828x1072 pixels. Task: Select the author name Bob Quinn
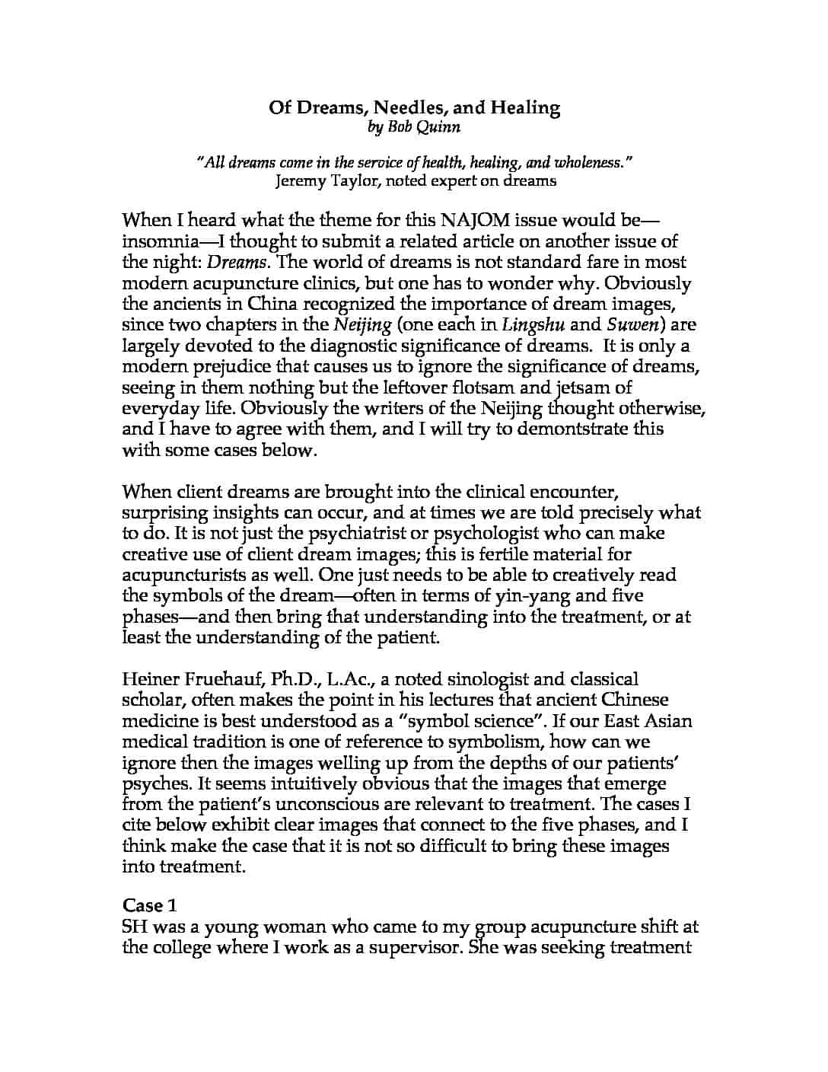(415, 126)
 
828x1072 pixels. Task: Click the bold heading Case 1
(150, 905)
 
